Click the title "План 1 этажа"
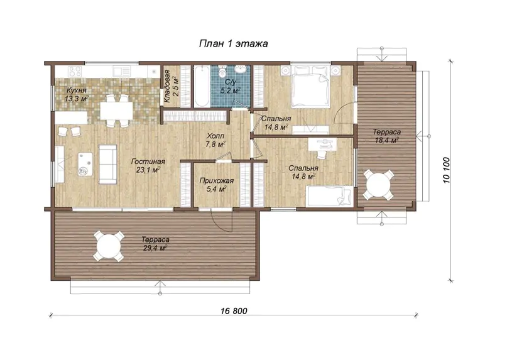tap(233, 44)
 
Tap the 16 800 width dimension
tap(234, 311)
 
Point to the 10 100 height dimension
tap(447, 170)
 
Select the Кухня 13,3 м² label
tap(77, 94)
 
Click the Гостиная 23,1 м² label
tap(148, 166)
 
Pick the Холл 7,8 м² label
tap(215, 140)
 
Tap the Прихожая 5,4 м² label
tap(216, 185)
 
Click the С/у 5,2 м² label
tap(230, 87)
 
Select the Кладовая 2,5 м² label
tap(170, 86)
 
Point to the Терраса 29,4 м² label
tap(155, 244)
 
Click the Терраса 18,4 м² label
tap(387, 136)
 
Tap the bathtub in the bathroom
tap(202, 86)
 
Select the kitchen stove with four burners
tap(75, 71)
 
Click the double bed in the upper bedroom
tap(310, 87)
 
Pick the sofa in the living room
tap(107, 165)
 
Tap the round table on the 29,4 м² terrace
tap(108, 246)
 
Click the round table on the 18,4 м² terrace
tap(378, 185)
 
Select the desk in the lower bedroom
tap(322, 145)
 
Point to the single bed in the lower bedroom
tap(329, 195)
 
